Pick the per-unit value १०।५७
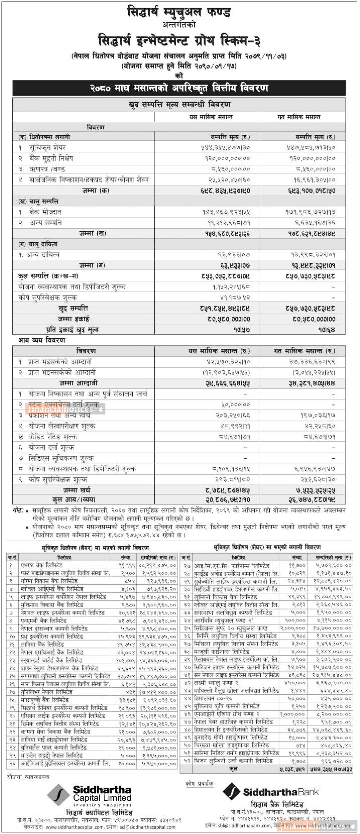pyautogui.click(x=242, y=330)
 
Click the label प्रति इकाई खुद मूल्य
pyautogui.click(x=73, y=330)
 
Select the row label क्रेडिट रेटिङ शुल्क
pyautogui.click(x=53, y=437)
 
